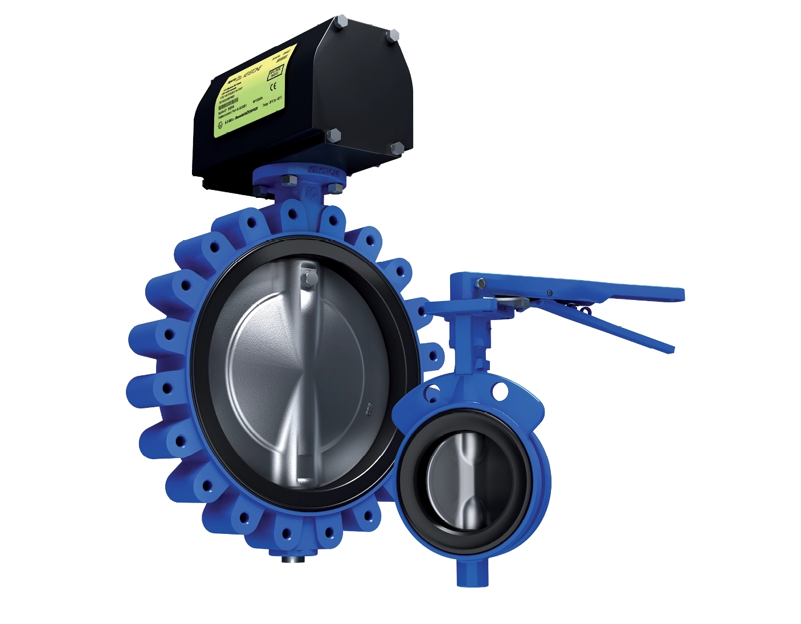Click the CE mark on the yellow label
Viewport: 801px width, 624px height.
[x=274, y=87]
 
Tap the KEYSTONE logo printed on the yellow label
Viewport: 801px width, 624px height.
[x=251, y=77]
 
